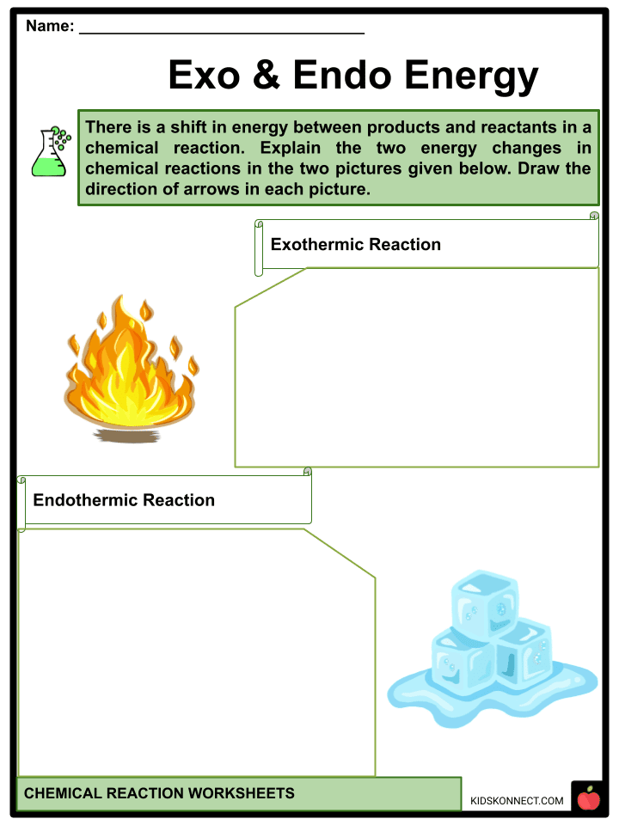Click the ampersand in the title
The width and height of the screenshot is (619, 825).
point(265,76)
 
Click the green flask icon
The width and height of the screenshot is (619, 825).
point(51,152)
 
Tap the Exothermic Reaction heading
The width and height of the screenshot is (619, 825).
point(355,244)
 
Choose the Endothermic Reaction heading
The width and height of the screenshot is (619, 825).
point(124,500)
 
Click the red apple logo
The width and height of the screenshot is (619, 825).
point(588,799)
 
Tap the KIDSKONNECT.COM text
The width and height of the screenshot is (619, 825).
point(517,801)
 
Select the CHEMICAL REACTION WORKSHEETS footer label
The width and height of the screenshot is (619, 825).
point(159,793)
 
